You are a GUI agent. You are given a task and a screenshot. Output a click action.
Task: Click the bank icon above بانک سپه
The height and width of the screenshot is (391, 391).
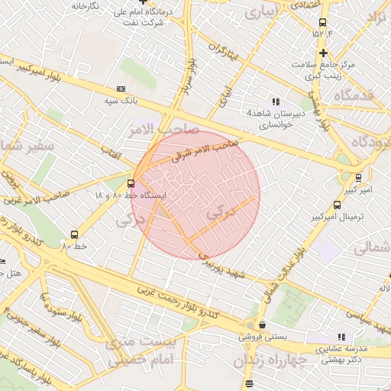tap(121, 89)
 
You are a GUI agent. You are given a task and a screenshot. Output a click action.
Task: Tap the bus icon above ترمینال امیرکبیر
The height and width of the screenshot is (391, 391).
tap(338, 205)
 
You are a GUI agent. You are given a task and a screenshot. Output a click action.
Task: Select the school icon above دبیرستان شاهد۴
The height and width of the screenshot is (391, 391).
tap(276, 102)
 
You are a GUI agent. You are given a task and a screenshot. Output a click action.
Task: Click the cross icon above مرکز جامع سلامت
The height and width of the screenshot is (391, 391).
tap(325, 53)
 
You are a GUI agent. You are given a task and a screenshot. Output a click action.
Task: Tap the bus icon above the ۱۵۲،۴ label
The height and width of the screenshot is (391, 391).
tap(322, 22)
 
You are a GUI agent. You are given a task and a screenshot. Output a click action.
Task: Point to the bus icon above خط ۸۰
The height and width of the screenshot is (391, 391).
tap(74, 234)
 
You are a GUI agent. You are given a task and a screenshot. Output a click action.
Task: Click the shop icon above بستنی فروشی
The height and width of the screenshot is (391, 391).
tap(262, 325)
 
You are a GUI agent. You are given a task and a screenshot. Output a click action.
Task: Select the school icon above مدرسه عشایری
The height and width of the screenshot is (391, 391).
tap(341, 337)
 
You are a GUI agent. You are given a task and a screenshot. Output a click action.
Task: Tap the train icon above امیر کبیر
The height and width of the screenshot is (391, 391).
tap(359, 177)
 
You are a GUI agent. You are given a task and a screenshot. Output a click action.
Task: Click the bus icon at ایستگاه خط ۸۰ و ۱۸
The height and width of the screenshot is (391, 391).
tap(131, 183)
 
